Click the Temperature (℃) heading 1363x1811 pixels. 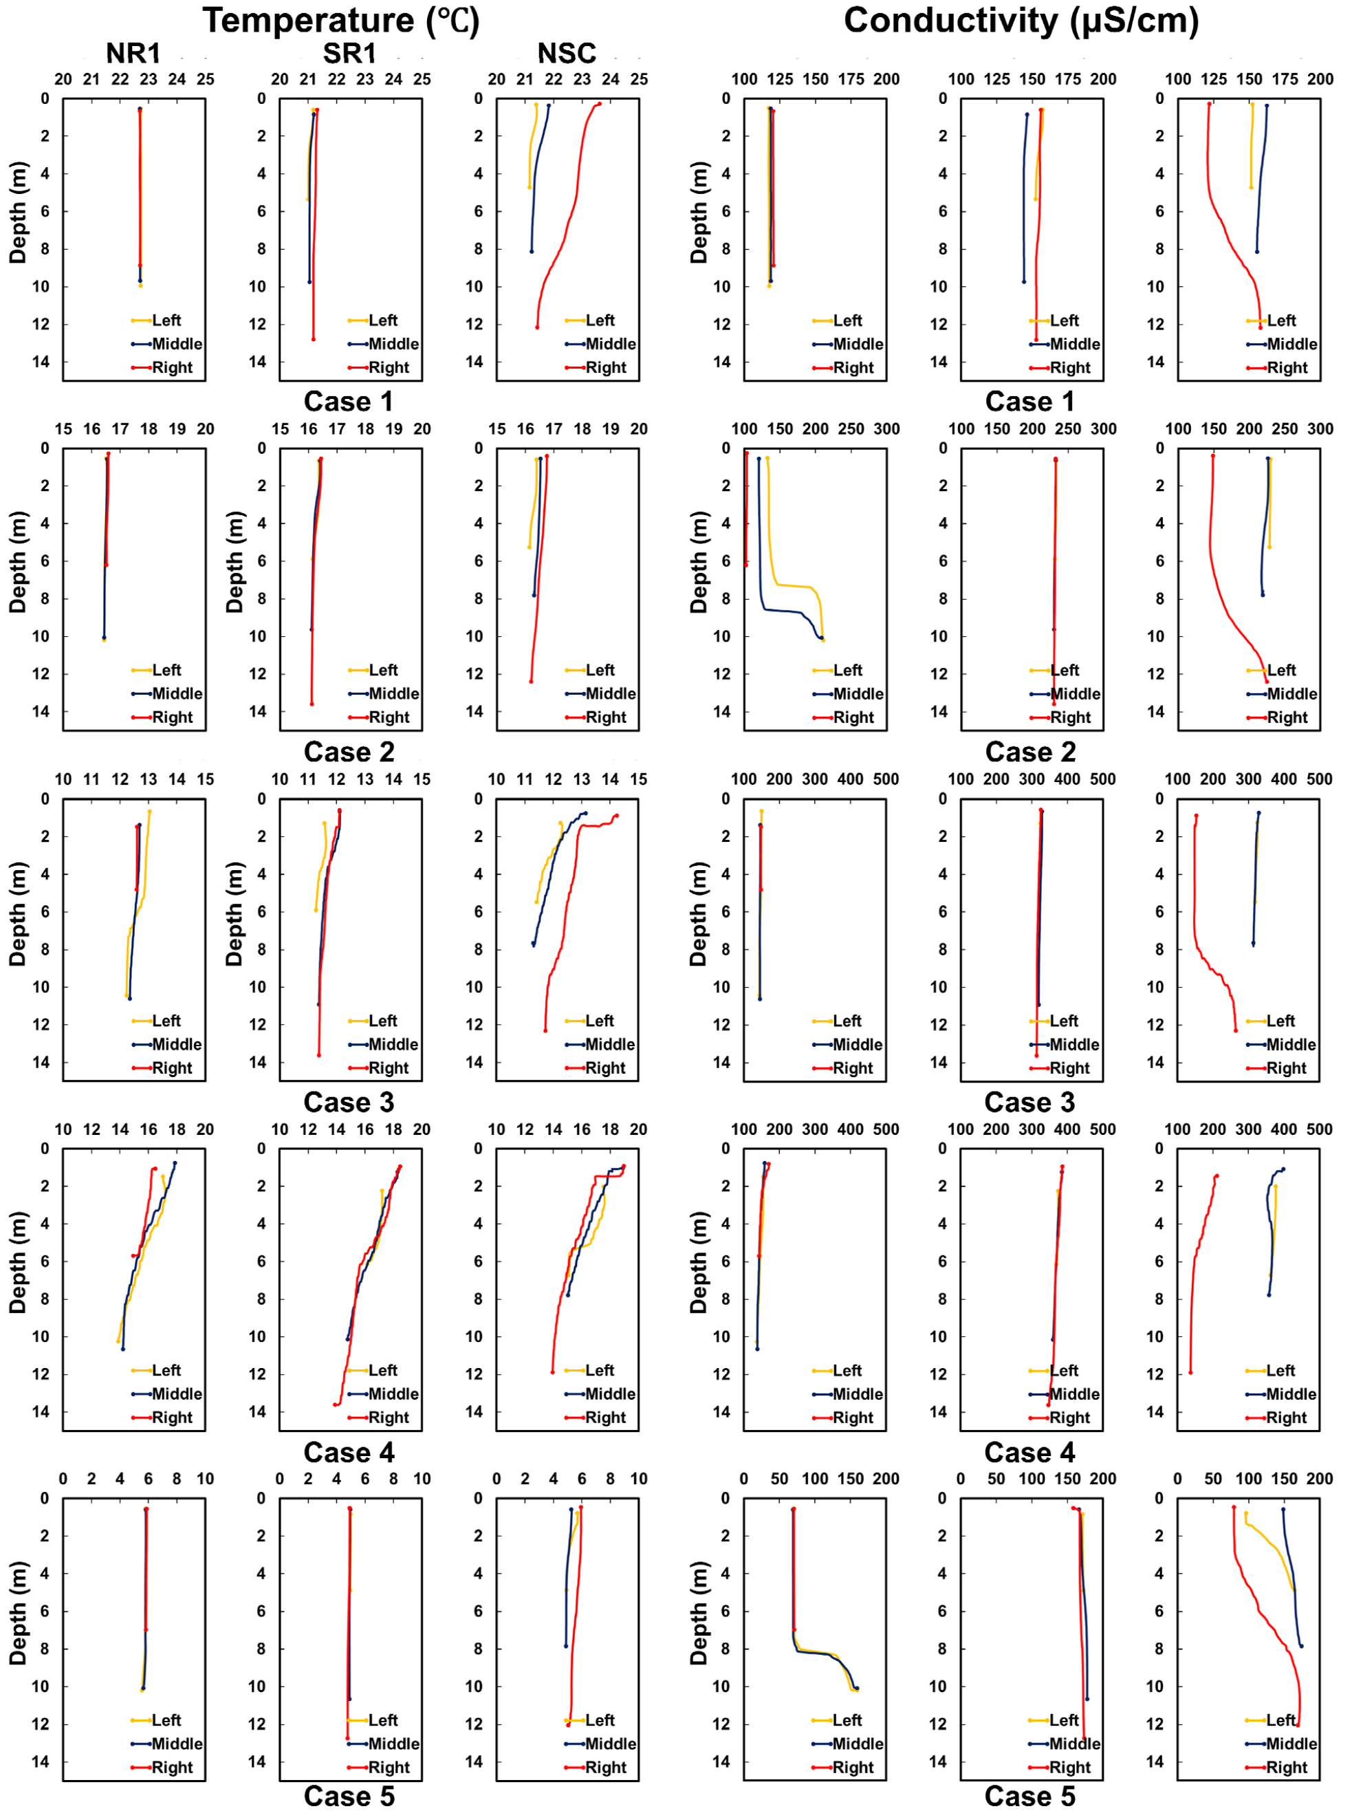(x=340, y=21)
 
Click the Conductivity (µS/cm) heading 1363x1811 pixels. (x=1021, y=21)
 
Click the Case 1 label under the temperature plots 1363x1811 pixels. (x=349, y=402)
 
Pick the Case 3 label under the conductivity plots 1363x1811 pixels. (x=1029, y=1103)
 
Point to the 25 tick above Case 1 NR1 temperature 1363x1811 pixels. (x=206, y=79)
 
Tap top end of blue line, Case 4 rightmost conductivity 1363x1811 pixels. (x=1283, y=1169)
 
